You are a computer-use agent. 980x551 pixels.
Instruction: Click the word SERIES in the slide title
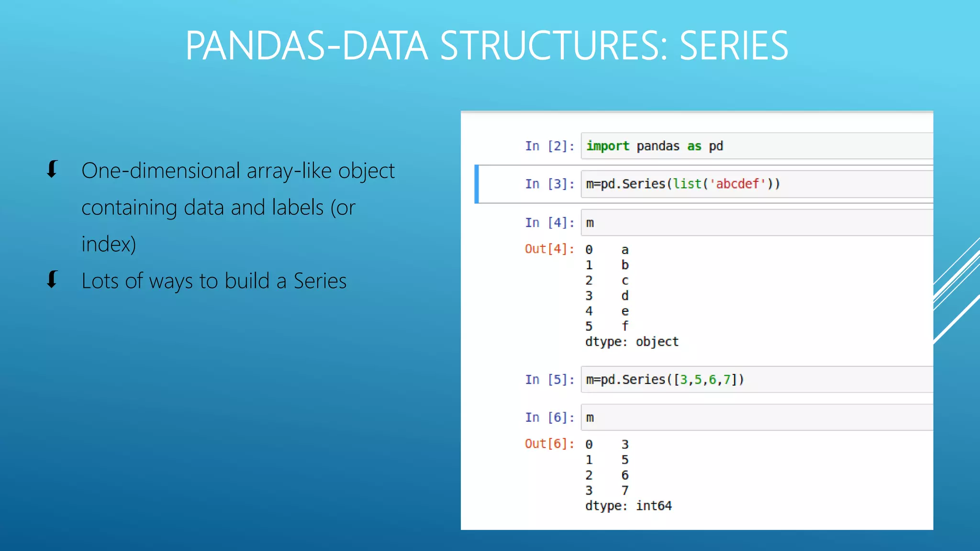point(734,46)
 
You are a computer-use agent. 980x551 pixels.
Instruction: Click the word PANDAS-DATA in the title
point(306,46)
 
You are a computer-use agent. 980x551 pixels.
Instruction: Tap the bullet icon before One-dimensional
point(52,170)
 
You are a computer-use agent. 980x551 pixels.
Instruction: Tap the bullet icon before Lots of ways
point(52,280)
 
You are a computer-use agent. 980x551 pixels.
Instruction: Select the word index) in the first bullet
point(109,244)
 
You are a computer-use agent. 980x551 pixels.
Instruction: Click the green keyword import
point(607,146)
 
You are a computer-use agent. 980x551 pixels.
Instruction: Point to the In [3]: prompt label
point(549,184)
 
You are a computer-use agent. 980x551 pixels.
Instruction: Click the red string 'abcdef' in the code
point(737,184)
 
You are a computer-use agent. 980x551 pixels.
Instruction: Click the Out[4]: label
point(549,249)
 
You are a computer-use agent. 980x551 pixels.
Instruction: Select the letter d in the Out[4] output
point(625,296)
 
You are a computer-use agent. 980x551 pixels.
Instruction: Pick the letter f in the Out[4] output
point(625,326)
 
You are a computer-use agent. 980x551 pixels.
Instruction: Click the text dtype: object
point(632,342)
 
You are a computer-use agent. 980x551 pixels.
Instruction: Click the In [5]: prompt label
point(549,380)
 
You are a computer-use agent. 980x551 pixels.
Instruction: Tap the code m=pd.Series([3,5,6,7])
point(665,380)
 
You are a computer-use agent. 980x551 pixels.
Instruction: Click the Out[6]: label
point(549,444)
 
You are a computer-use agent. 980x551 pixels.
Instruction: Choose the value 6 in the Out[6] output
point(625,475)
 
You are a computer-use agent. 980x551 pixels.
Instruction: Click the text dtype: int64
point(628,506)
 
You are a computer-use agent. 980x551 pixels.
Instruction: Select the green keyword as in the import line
point(694,146)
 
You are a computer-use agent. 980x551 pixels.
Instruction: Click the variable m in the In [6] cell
point(590,418)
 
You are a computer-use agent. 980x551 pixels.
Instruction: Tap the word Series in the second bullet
point(320,281)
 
